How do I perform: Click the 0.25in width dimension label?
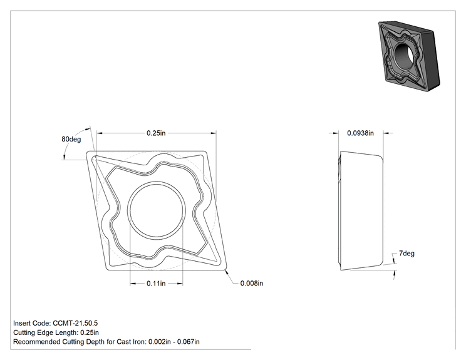pos(156,133)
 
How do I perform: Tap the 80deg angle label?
pos(71,140)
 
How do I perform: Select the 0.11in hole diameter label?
pos(156,284)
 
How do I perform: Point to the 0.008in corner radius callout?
pos(252,284)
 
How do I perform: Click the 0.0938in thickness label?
pos(361,133)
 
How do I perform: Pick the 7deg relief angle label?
pos(407,254)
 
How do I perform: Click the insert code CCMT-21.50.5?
pos(75,323)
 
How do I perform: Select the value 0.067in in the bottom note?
pos(189,342)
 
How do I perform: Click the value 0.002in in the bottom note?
pos(160,342)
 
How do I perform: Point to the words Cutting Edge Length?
pos(46,332)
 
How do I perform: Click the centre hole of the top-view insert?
pos(157,210)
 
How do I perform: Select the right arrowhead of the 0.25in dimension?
pos(214,133)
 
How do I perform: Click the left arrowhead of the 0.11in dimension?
pos(133,284)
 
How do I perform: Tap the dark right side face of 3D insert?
pos(430,57)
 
